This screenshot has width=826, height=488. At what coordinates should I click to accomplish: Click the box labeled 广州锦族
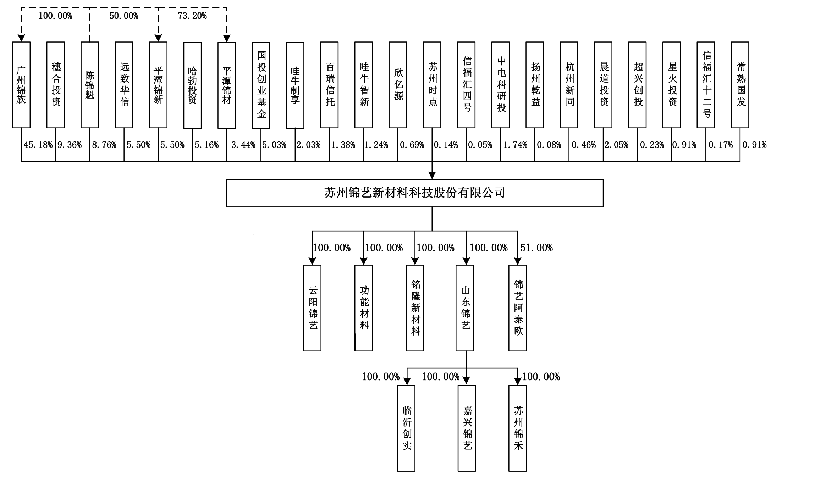21,85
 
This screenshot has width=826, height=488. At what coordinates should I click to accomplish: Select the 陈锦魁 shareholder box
90,85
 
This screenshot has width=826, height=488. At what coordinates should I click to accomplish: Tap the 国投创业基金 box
261,85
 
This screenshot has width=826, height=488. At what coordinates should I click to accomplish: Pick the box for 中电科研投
500,85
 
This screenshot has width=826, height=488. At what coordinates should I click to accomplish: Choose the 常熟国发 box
740,85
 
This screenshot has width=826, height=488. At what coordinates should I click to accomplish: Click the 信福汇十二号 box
706,85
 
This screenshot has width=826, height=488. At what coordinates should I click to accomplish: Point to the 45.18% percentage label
38,145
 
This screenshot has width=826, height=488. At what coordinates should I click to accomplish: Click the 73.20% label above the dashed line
192,16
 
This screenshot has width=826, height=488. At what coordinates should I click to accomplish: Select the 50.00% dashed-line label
123,16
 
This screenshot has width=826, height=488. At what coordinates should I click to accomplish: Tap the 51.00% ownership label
536,248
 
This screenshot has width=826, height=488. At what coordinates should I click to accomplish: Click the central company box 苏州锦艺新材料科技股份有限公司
415,193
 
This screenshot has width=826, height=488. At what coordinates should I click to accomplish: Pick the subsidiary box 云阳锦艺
312,308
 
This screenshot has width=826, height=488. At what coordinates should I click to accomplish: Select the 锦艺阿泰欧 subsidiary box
517,308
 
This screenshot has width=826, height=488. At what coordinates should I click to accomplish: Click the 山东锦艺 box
464,308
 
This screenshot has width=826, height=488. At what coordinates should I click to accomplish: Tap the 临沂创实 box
406,428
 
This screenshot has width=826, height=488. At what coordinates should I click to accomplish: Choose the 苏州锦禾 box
517,428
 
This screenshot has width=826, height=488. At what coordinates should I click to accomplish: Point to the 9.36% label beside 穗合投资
70,145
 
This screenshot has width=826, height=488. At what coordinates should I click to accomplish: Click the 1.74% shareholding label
515,145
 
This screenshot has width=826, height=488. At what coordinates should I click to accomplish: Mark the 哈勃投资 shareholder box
192,85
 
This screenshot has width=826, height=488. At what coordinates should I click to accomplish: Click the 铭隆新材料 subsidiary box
415,308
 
